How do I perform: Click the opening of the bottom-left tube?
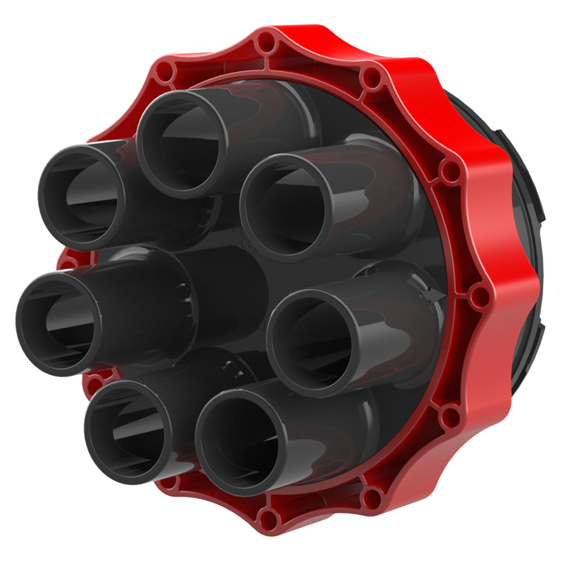point(127,432)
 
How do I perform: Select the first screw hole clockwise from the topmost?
point(372,78)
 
